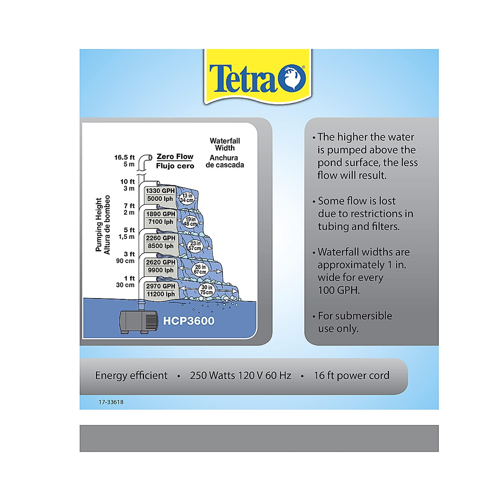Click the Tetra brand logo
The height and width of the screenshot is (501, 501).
257,78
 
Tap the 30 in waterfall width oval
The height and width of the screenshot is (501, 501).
207,290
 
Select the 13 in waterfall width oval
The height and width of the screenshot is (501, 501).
187,198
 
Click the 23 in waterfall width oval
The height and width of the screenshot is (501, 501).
195,246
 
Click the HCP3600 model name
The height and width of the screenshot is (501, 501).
189,321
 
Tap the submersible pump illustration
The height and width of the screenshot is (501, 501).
139,321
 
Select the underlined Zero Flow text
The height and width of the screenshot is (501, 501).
175,157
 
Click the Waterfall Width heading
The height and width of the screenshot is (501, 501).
225,144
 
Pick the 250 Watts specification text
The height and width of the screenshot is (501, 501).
240,375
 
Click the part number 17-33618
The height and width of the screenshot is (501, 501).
111,402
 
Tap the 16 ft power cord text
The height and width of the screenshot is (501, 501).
351,375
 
